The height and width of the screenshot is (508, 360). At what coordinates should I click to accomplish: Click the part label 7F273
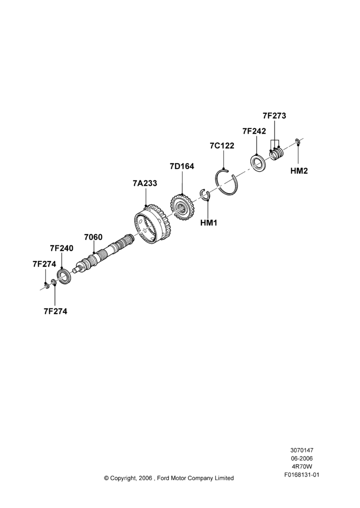(274, 116)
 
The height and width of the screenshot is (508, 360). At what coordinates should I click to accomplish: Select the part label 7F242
(254, 131)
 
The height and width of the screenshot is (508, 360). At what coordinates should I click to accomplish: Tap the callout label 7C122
(222, 146)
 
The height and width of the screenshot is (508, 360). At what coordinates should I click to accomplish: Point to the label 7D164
(182, 166)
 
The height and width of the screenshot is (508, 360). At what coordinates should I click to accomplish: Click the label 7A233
(144, 183)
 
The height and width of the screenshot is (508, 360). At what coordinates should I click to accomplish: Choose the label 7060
(93, 237)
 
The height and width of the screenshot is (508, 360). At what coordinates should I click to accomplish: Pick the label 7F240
(62, 248)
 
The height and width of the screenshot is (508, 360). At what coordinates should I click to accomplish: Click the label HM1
(208, 223)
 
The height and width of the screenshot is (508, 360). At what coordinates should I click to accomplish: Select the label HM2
(298, 171)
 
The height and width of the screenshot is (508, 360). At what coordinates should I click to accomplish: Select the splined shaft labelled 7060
(104, 252)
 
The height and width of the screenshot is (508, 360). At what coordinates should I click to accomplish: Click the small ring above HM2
(297, 141)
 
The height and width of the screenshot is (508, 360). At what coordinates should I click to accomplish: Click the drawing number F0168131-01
(302, 475)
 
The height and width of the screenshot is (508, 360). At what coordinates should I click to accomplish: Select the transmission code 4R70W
(302, 467)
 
